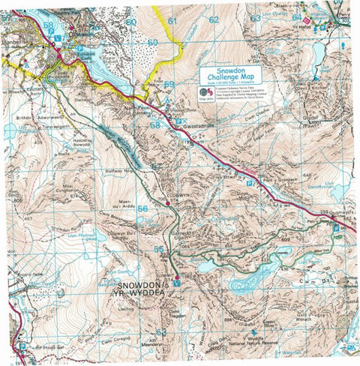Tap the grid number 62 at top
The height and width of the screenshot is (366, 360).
coord(214,19)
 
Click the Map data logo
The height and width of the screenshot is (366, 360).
coord(205,94)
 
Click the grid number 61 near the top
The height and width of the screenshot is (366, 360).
coord(172,20)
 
